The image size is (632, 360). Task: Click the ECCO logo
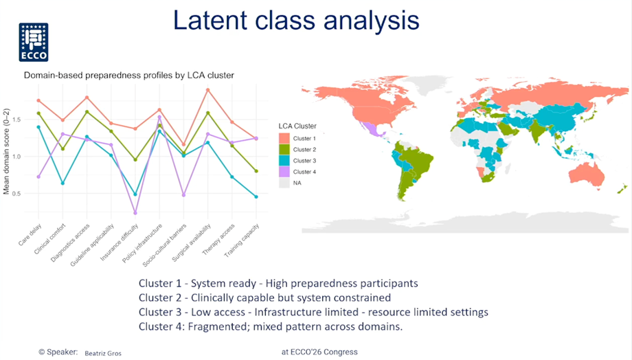click(34, 43)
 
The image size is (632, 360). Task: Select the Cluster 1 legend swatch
click(284, 138)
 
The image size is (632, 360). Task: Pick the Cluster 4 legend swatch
click(284, 172)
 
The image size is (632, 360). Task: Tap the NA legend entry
click(290, 183)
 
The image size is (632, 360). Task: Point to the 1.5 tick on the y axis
click(16, 120)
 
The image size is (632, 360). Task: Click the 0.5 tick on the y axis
click(16, 194)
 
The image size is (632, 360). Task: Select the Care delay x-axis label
click(30, 235)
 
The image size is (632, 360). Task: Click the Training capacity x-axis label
click(241, 240)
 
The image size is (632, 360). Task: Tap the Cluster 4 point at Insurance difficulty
click(135, 213)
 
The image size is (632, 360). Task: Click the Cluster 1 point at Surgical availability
click(208, 90)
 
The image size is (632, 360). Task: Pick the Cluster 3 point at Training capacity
click(256, 196)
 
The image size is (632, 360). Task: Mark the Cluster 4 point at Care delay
click(38, 177)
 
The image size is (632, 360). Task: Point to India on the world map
click(537, 130)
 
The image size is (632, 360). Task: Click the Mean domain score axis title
click(6, 152)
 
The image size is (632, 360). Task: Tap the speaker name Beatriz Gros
click(103, 353)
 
